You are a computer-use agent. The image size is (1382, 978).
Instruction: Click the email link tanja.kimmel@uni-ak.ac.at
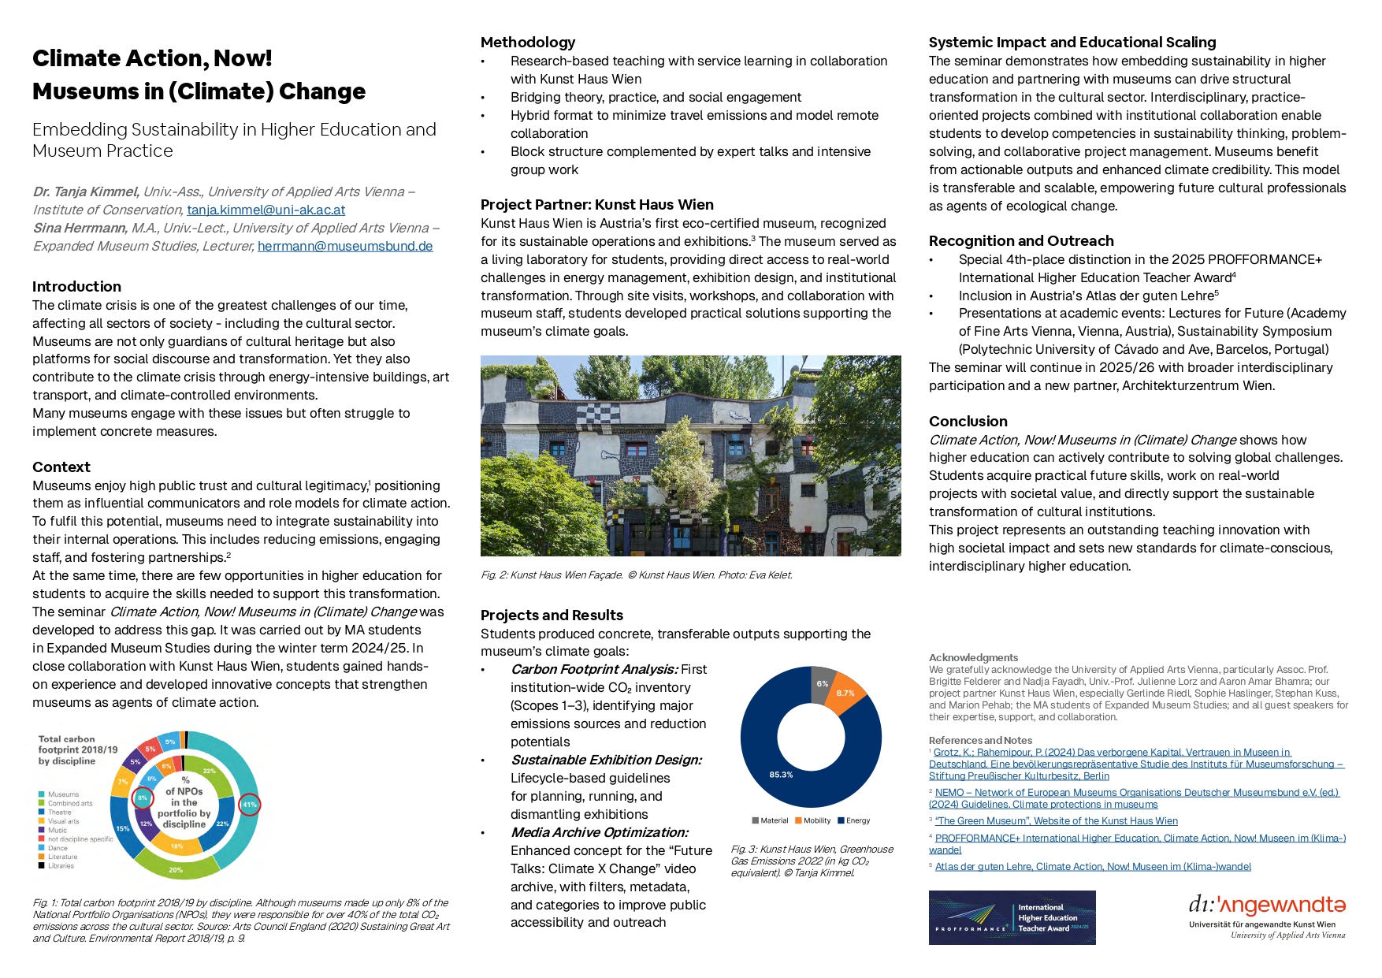pyautogui.click(x=266, y=210)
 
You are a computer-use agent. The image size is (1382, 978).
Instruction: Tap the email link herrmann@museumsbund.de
pyautogui.click(x=345, y=246)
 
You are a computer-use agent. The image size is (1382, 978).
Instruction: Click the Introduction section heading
pyautogui.click(x=76, y=286)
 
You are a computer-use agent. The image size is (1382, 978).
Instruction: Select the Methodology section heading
pyautogui.click(x=528, y=42)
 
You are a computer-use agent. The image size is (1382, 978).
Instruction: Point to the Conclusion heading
pyautogui.click(x=968, y=421)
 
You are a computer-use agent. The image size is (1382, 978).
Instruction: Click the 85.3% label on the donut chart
pyautogui.click(x=781, y=775)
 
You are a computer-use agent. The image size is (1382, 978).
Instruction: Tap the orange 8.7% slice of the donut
pyautogui.click(x=846, y=693)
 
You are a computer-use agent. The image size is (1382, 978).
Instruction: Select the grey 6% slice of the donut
pyautogui.click(x=822, y=683)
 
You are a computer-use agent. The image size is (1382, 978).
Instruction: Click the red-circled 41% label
pyautogui.click(x=249, y=804)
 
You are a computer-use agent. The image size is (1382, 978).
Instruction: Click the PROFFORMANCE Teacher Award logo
pyautogui.click(x=1012, y=917)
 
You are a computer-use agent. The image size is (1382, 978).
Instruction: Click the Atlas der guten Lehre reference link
pyautogui.click(x=1092, y=866)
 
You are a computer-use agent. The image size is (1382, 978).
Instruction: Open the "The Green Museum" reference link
pyautogui.click(x=1056, y=820)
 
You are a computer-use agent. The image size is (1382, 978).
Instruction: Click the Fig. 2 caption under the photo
pyautogui.click(x=636, y=575)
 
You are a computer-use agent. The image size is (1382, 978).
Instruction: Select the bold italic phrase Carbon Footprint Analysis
pyautogui.click(x=593, y=669)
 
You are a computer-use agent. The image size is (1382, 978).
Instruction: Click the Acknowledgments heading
pyautogui.click(x=973, y=657)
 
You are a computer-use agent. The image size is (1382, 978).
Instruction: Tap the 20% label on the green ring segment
pyautogui.click(x=176, y=870)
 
